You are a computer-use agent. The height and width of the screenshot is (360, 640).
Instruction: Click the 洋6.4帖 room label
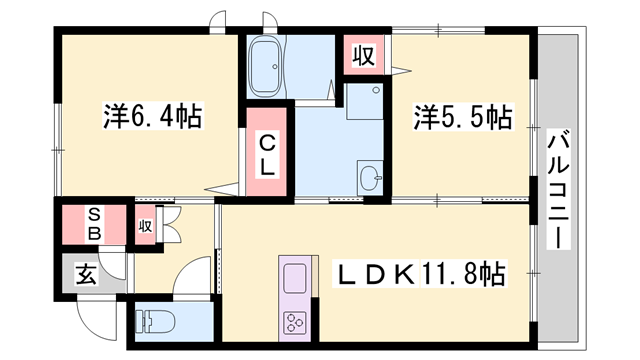(152, 118)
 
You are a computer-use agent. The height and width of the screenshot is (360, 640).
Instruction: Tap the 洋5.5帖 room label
(463, 119)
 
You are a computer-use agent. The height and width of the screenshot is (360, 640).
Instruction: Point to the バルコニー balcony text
(557, 189)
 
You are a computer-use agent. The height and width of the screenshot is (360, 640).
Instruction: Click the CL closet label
(268, 155)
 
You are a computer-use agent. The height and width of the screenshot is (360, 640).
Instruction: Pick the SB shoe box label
(93, 224)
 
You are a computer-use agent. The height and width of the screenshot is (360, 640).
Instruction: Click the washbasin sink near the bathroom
(370, 179)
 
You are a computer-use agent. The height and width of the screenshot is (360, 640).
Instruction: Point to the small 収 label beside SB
(145, 224)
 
